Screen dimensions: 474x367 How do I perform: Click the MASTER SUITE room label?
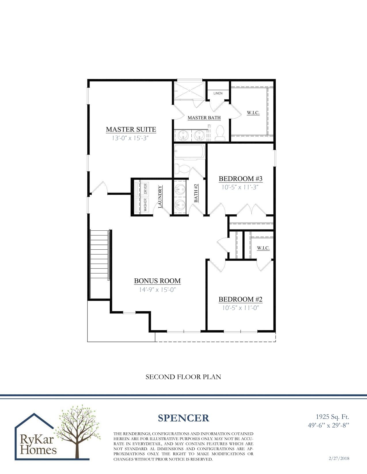click(x=131, y=130)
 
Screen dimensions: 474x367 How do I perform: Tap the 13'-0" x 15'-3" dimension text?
click(x=130, y=138)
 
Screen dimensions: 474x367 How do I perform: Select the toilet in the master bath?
click(x=220, y=134)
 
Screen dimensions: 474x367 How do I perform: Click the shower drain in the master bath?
click(x=190, y=90)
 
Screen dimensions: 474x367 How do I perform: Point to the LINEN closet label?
click(x=218, y=93)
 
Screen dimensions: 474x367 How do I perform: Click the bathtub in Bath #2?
click(x=189, y=152)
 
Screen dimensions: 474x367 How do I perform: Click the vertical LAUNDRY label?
click(x=160, y=197)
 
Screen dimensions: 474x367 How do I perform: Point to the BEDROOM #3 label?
click(x=240, y=179)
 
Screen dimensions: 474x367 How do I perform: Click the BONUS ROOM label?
click(x=157, y=281)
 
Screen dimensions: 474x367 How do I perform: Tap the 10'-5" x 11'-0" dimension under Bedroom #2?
click(x=241, y=308)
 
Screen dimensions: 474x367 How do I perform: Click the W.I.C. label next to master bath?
click(x=253, y=113)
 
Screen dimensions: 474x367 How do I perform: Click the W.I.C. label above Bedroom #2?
click(x=263, y=248)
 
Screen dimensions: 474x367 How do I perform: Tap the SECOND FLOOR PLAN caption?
click(x=183, y=377)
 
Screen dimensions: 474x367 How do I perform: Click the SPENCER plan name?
click(x=183, y=418)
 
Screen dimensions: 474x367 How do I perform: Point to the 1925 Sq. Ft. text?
click(x=332, y=417)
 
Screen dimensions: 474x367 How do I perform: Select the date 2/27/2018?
click(x=339, y=458)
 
